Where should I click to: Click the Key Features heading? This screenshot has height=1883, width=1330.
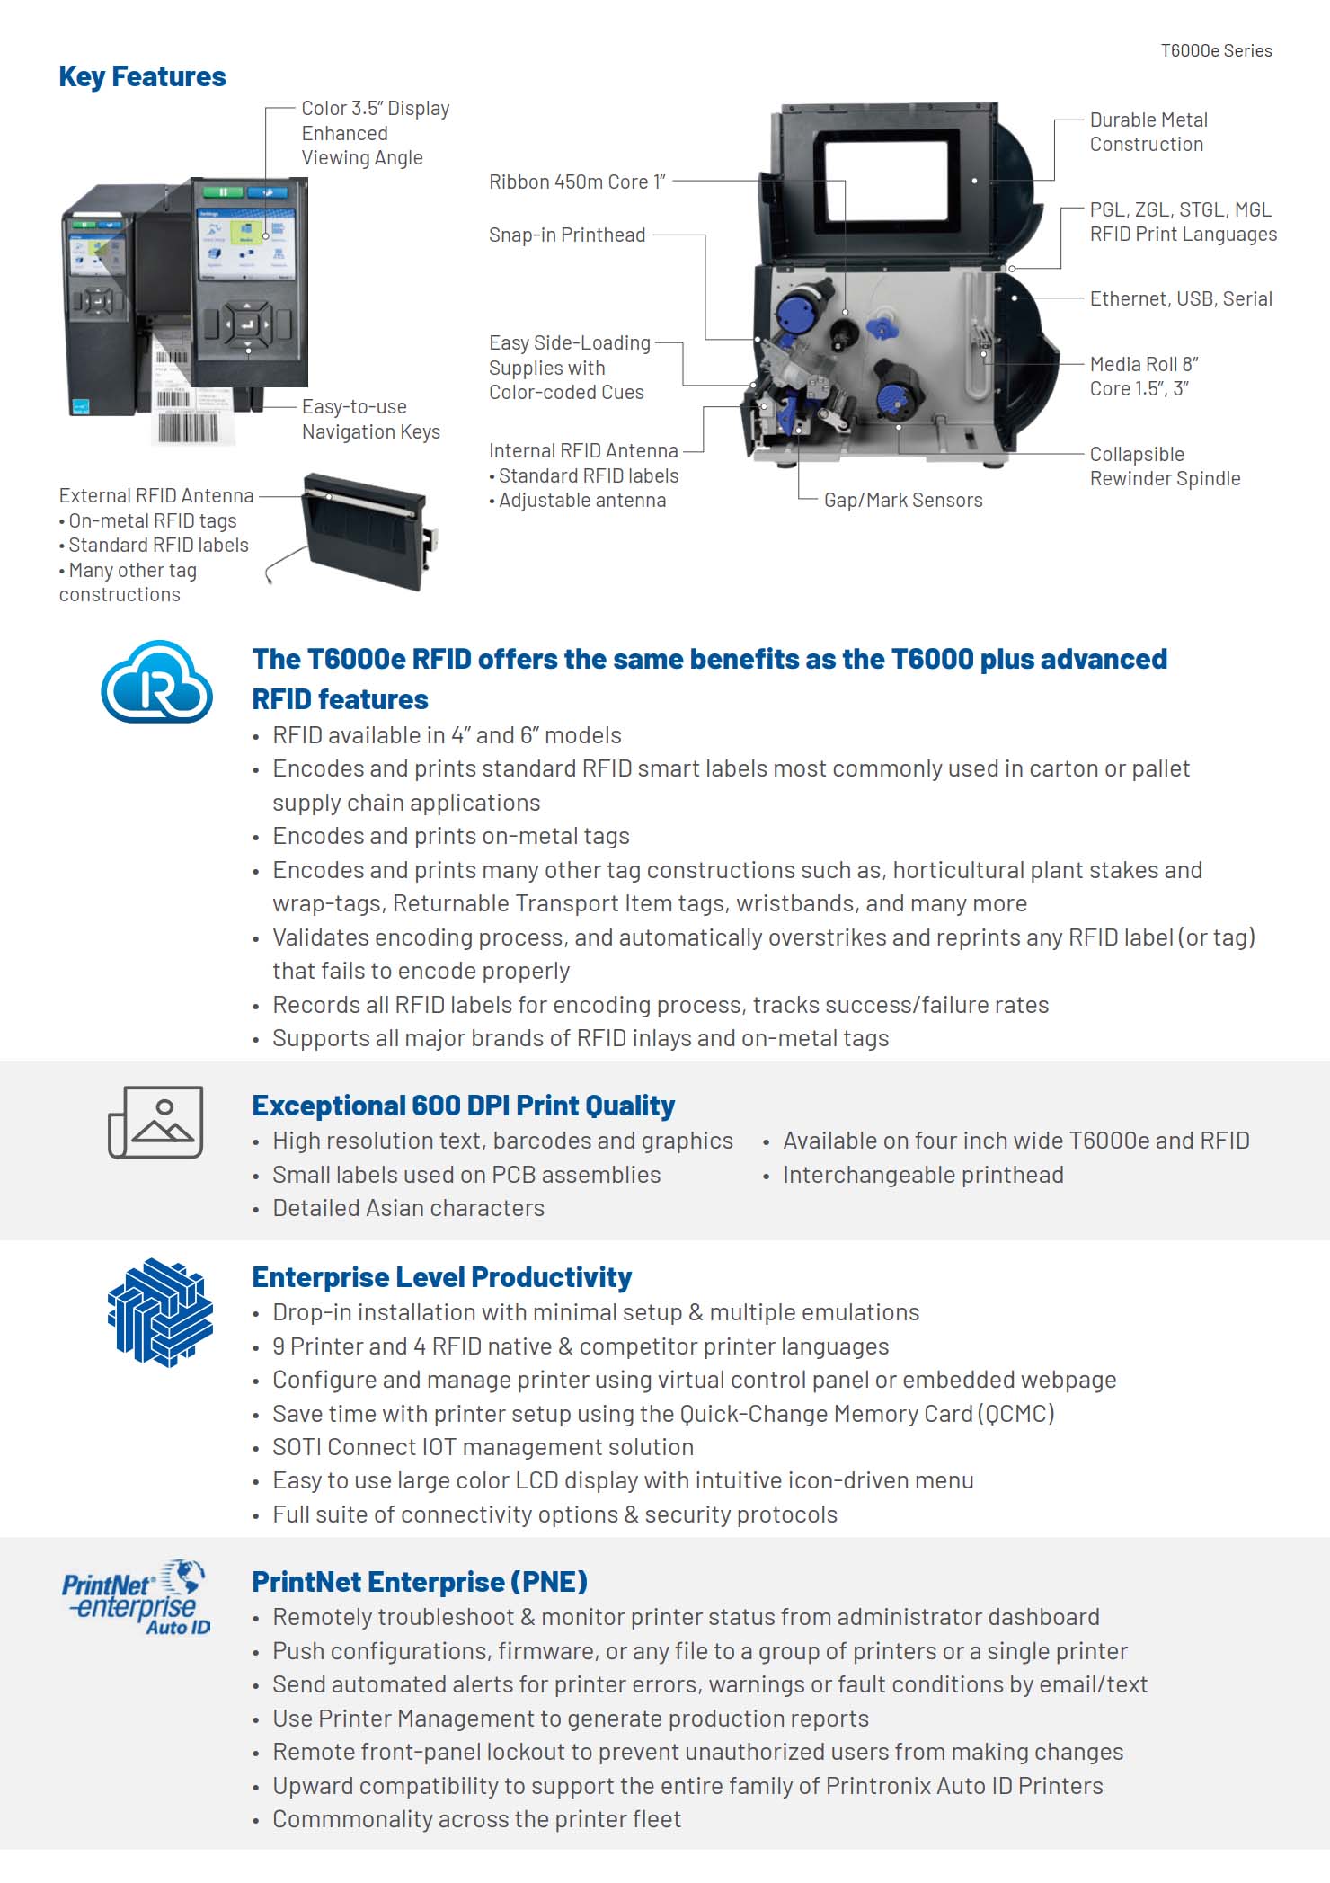(142, 77)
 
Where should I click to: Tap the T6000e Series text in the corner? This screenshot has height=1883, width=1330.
(1216, 51)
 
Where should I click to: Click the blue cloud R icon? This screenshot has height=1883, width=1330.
(156, 682)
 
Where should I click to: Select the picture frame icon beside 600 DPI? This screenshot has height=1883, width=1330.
(155, 1122)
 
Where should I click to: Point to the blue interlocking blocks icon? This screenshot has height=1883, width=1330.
(160, 1312)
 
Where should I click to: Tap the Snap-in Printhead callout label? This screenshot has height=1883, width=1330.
(567, 235)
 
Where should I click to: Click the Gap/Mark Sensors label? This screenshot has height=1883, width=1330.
(903, 501)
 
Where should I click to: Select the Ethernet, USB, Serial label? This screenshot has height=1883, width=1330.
(1181, 299)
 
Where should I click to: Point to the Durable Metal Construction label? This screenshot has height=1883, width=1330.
(1148, 132)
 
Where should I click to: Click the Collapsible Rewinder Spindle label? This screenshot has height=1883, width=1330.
(1165, 466)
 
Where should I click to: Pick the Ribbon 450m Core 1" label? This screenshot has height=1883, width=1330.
(577, 182)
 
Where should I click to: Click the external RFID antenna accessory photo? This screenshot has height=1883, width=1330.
(366, 532)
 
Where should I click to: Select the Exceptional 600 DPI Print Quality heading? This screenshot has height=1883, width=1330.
(463, 1106)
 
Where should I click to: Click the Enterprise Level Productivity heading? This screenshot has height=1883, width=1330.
(441, 1277)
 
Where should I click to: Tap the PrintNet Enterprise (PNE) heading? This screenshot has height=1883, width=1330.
(419, 1582)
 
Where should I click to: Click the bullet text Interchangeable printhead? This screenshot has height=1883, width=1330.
(923, 1175)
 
